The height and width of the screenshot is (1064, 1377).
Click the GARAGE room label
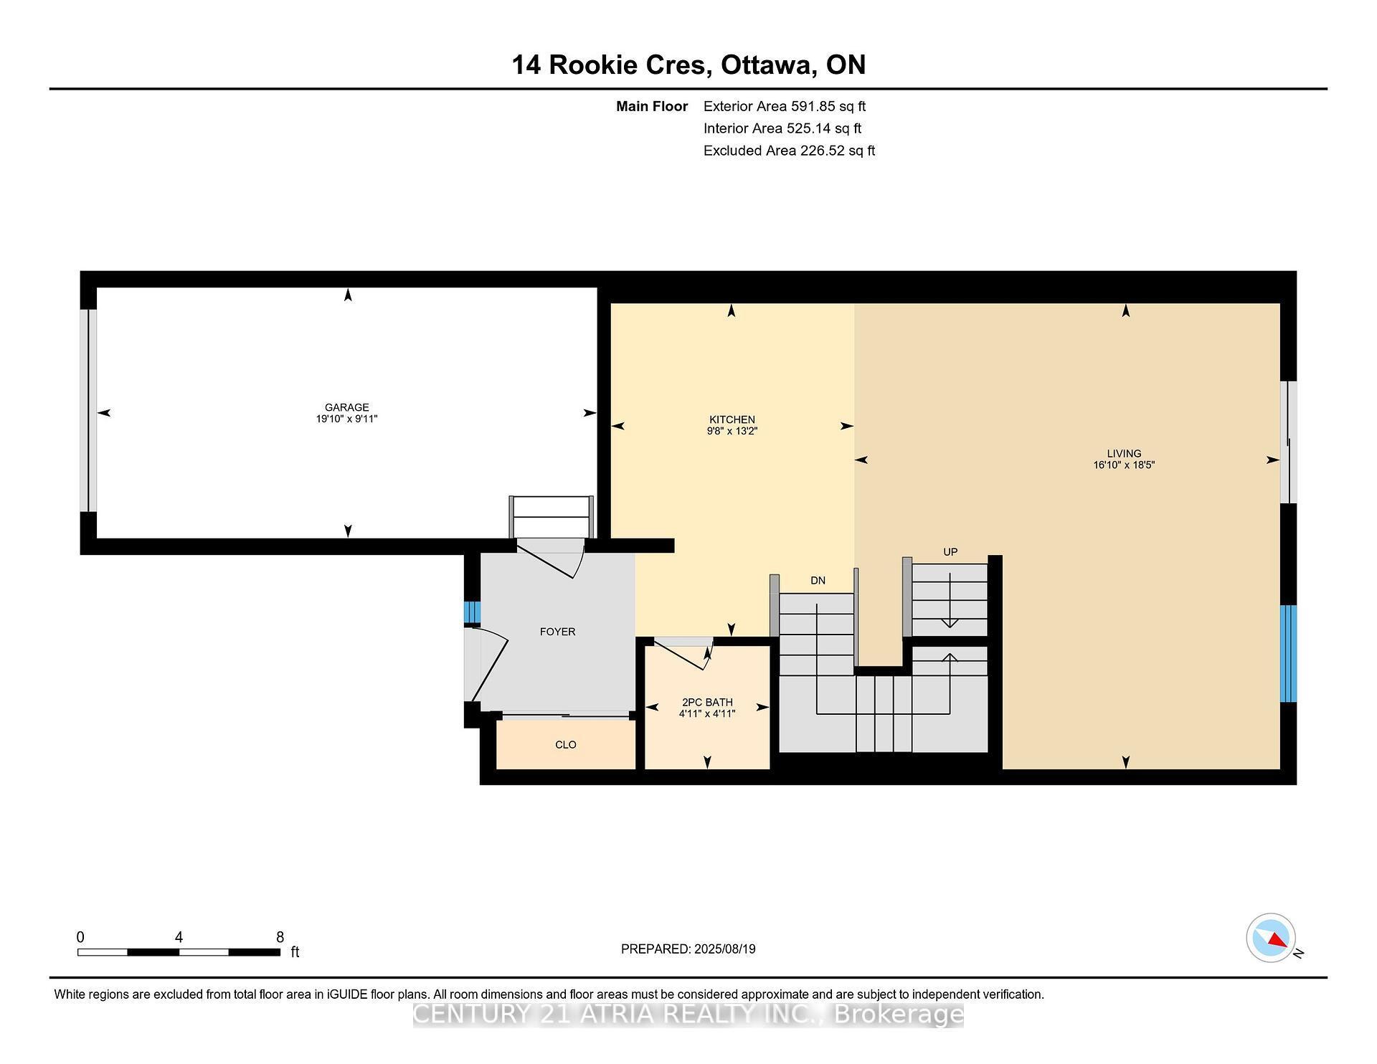click(346, 407)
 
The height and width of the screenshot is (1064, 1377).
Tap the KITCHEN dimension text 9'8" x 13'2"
click(732, 432)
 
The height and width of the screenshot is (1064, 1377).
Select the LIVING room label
click(1123, 453)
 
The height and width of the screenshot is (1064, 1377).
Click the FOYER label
click(557, 632)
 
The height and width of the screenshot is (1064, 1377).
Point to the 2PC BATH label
click(707, 703)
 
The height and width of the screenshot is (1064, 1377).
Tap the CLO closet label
click(565, 745)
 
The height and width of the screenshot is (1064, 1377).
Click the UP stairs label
click(950, 552)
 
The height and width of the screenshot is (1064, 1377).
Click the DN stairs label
click(818, 581)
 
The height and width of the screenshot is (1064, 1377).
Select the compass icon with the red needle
click(1270, 938)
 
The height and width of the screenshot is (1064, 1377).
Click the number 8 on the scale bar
click(280, 937)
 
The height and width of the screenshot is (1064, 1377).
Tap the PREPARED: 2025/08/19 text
click(688, 949)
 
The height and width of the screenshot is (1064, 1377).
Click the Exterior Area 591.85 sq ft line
click(784, 107)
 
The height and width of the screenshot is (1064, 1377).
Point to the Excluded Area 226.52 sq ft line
click(789, 151)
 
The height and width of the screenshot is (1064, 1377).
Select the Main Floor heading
click(651, 107)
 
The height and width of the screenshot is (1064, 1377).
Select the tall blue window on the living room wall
click(1288, 653)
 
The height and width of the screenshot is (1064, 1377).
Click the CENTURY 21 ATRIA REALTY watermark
click(688, 1015)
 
